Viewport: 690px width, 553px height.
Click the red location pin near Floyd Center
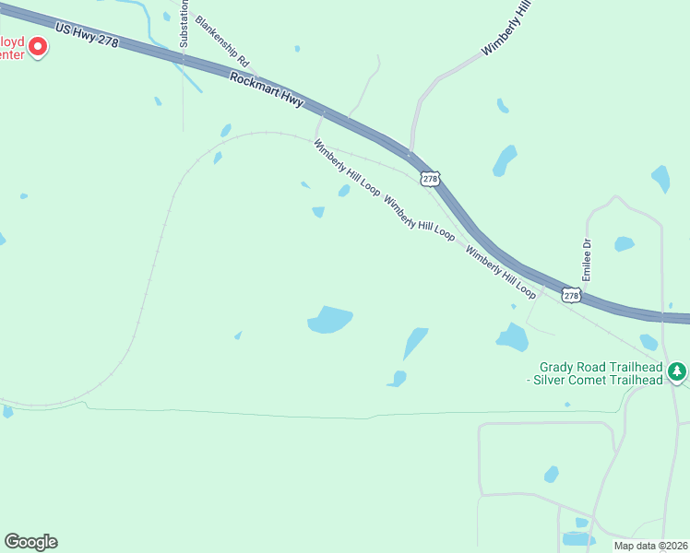[38, 45]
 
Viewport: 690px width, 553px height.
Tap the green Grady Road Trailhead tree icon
[678, 371]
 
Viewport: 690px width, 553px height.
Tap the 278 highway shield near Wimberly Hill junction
[428, 178]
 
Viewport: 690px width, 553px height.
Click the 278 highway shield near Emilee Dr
[571, 295]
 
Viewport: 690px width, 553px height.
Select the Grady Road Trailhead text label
[601, 372]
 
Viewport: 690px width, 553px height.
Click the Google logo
[30, 542]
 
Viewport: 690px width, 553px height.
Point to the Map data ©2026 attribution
[650, 546]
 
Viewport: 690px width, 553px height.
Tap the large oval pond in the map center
[329, 320]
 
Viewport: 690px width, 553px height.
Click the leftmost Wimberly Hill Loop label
[346, 168]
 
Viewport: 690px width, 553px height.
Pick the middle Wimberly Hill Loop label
[419, 219]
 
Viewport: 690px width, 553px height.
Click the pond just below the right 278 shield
[512, 337]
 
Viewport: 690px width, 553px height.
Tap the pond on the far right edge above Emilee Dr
[660, 178]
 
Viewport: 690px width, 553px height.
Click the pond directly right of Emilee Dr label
[625, 244]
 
